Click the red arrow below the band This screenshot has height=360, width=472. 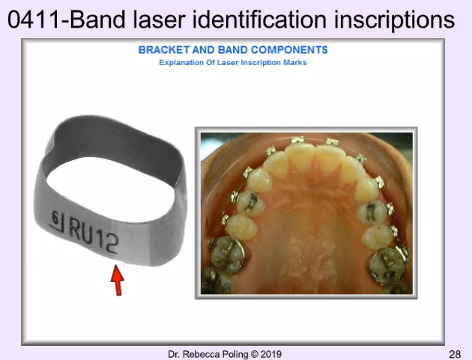[117, 280]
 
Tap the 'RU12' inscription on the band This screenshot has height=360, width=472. [94, 235]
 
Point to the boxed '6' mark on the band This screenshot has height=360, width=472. [57, 221]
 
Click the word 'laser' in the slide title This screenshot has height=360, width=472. [159, 20]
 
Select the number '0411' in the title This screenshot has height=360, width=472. [34, 20]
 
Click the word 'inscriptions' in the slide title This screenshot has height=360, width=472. [394, 21]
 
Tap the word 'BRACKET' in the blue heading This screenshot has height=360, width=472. [164, 49]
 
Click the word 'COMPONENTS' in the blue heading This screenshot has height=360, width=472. [289, 49]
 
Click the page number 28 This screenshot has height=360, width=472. [455, 354]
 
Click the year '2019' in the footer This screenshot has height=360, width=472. [271, 354]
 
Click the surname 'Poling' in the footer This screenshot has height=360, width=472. [234, 355]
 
